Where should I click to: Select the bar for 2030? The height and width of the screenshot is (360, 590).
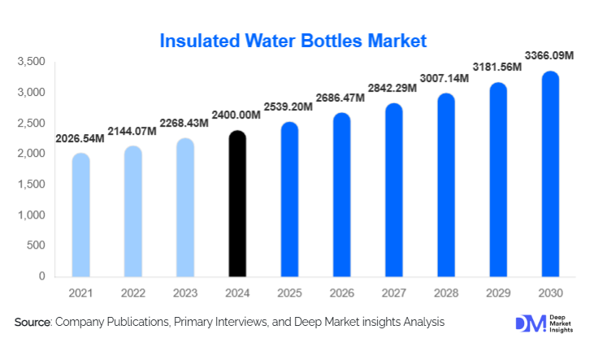(550, 174)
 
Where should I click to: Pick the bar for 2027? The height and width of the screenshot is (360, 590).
(393, 189)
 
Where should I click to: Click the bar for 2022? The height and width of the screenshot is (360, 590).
(132, 211)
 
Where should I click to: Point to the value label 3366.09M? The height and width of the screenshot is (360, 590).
(547, 56)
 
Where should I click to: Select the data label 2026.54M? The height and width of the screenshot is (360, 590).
(80, 138)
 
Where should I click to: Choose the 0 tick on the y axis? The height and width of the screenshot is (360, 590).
(41, 276)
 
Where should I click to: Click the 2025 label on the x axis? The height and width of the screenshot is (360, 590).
(288, 293)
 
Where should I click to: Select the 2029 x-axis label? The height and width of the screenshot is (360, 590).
(497, 293)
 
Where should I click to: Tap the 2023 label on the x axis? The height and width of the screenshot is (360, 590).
(184, 293)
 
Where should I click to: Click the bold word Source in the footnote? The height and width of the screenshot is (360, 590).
(33, 323)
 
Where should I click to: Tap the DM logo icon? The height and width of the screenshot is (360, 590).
(527, 323)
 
